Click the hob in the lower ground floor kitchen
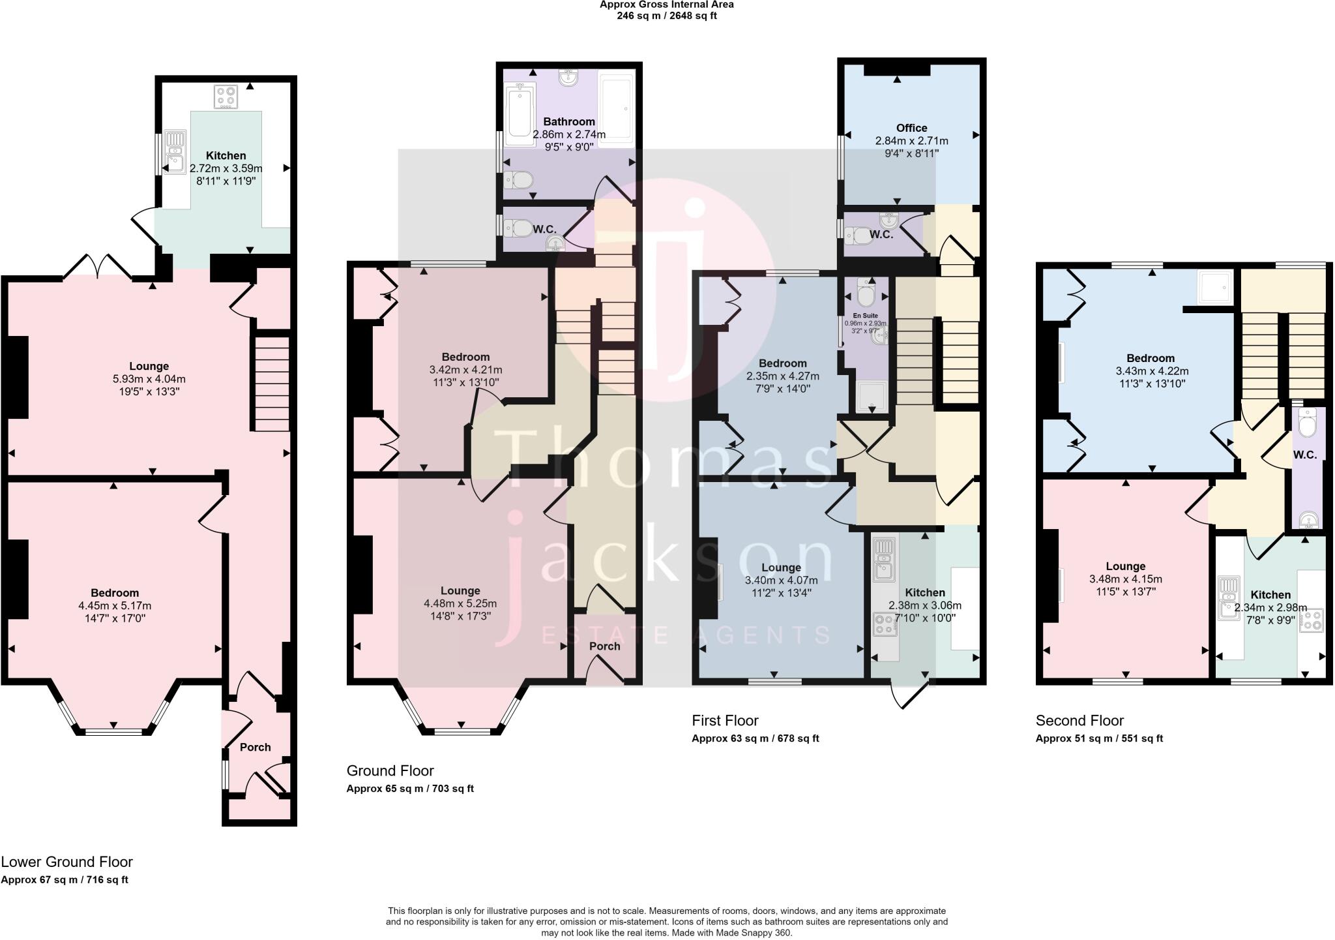click(225, 97)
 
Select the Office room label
click(911, 128)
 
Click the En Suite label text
click(865, 316)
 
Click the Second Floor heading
click(1079, 720)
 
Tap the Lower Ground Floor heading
click(66, 862)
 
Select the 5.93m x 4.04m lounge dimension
click(149, 379)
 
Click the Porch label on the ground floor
click(604, 646)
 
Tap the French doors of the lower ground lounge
click(97, 266)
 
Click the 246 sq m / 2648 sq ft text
click(666, 16)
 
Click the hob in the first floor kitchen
click(885, 624)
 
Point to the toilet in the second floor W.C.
click(1307, 425)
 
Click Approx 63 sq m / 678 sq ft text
click(755, 738)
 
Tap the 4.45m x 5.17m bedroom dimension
click(114, 605)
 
